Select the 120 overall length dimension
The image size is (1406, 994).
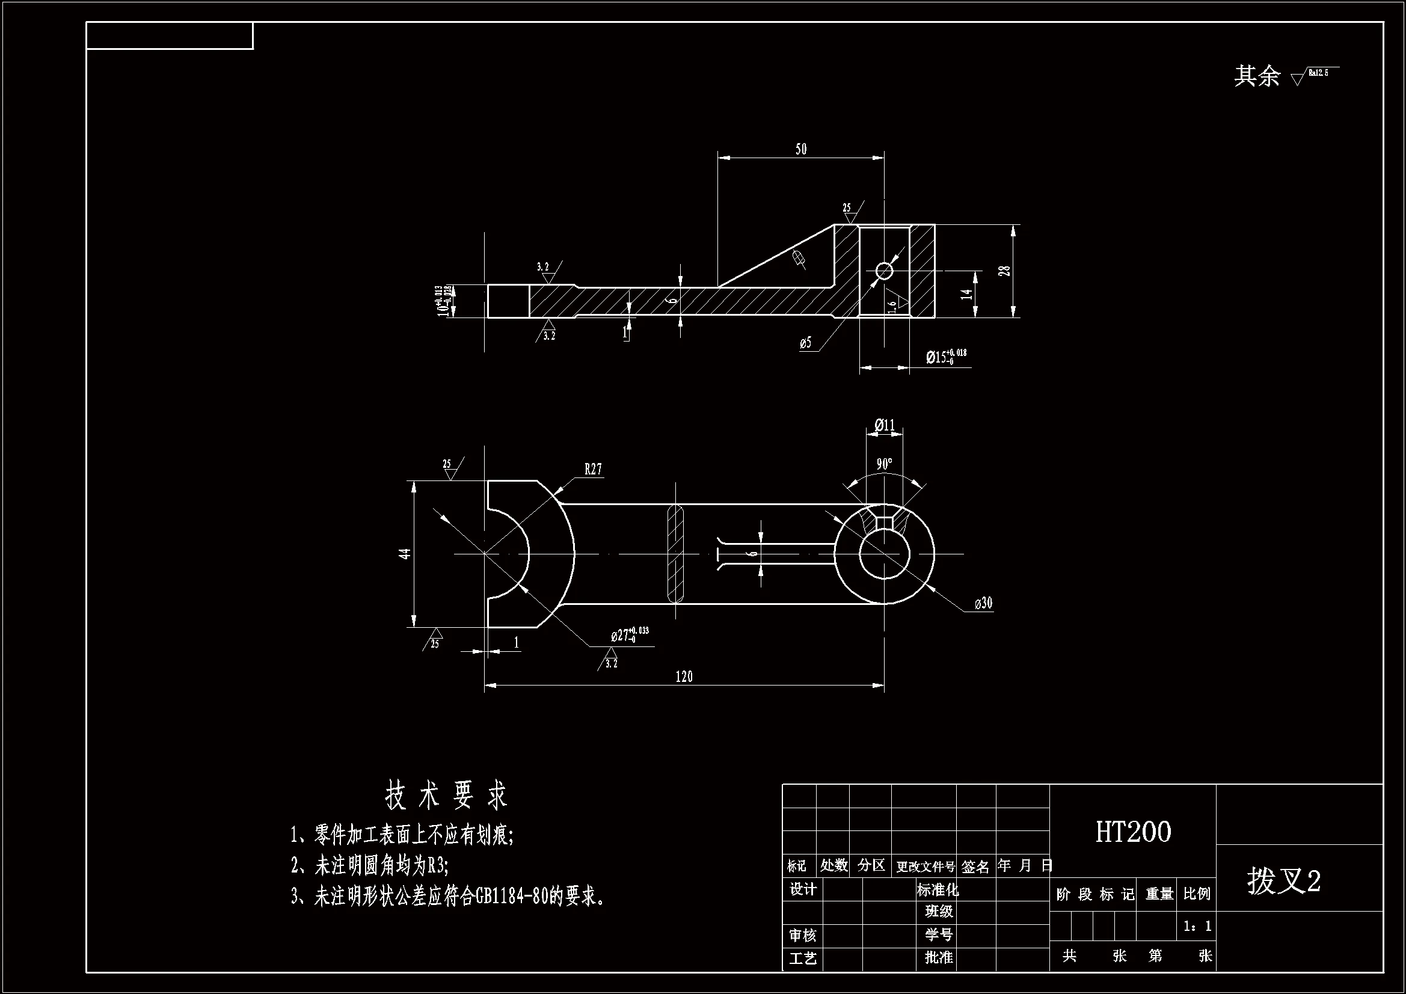click(683, 676)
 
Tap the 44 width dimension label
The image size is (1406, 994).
click(405, 554)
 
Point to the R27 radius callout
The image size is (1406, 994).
click(593, 470)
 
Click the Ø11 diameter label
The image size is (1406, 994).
click(884, 425)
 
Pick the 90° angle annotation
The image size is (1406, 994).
click(883, 464)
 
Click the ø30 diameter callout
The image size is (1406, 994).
click(983, 603)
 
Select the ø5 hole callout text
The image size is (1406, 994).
click(805, 343)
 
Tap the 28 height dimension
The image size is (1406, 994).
click(1004, 271)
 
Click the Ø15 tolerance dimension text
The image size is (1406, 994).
click(946, 357)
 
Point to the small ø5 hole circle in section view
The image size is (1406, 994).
click(883, 271)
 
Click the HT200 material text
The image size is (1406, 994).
click(1133, 832)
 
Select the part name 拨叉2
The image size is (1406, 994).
click(1283, 882)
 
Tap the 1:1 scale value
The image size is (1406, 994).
click(1197, 926)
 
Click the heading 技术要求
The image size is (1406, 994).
click(446, 796)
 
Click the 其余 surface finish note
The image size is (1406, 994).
click(1257, 76)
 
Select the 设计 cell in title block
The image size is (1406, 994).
click(802, 889)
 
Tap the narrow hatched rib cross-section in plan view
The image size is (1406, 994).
click(675, 554)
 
